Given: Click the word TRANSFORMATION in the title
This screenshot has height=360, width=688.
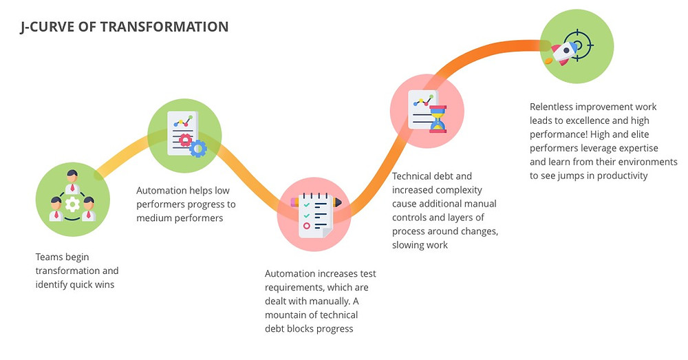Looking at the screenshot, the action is coord(164,27).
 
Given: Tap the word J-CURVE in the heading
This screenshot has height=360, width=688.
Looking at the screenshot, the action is coord(47,28).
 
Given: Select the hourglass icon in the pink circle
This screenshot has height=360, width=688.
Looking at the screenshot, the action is coord(438,119).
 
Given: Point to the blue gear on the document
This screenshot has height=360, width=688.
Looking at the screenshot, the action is coord(198,149).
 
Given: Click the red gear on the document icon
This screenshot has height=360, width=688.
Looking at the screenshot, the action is coord(185,140).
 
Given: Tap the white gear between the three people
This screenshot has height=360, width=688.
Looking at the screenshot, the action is coord(72,204).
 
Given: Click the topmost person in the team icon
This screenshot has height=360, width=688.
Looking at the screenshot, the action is coord(72,181).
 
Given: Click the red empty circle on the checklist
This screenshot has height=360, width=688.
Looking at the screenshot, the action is coord(307,226).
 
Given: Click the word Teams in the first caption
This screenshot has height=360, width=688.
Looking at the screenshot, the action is coord(49,257).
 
